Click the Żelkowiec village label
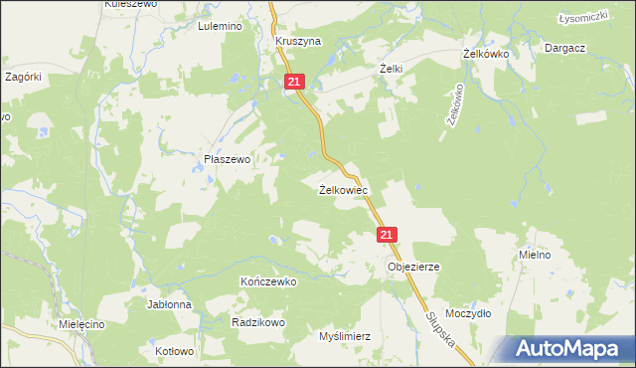point(344,189)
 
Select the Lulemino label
point(221,27)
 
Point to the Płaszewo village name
point(227,158)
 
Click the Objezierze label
point(413,267)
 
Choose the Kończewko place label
point(268,281)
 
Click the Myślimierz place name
point(344,336)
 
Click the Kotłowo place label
point(175,351)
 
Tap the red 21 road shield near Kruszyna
point(294,83)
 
